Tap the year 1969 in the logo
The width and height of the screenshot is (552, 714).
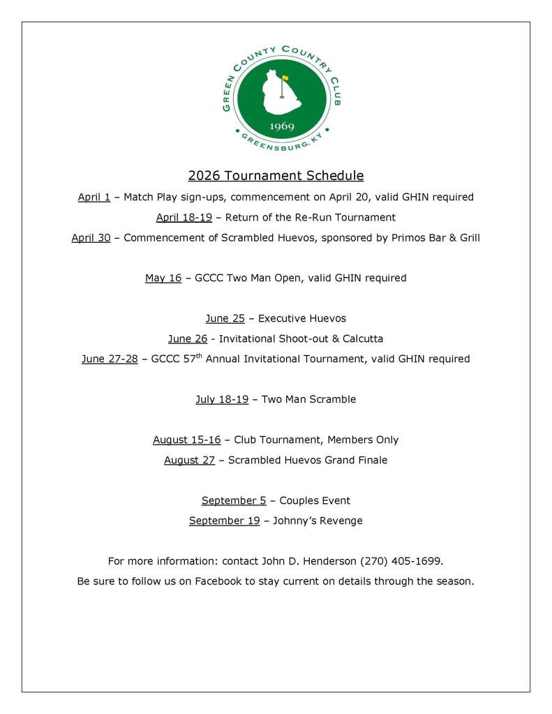coord(281,127)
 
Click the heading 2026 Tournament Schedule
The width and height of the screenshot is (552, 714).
coord(276,175)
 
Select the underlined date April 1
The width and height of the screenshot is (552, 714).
coord(94,198)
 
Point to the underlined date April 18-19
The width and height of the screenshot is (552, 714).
coord(184,218)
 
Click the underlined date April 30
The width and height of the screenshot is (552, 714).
coord(91,238)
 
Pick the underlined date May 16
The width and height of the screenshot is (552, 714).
coord(163,278)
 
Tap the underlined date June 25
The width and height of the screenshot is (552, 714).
coord(225,319)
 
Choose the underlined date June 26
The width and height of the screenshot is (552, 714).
coord(188,339)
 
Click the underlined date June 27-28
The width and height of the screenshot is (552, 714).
coord(109,359)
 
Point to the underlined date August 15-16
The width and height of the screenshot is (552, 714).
coord(186,440)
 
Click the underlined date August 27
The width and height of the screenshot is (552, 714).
coord(189,461)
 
